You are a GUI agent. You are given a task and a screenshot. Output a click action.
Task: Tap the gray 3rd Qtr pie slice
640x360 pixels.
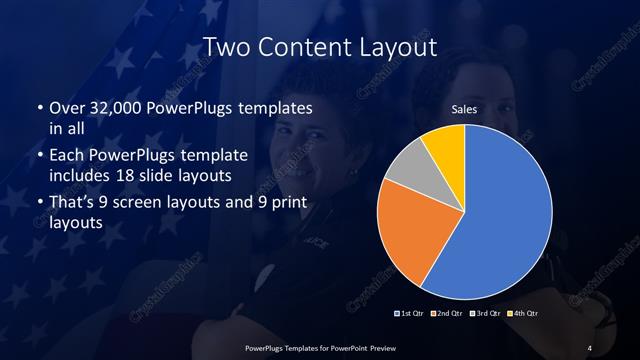click(409, 170)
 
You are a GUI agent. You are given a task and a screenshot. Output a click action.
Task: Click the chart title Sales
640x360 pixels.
click(464, 109)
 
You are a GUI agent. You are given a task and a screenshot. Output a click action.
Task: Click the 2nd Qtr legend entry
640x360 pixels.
click(448, 314)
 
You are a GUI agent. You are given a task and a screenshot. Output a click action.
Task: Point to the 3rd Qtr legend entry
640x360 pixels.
click(485, 314)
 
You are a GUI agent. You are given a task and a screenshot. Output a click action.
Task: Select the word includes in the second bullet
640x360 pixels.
click(82, 177)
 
